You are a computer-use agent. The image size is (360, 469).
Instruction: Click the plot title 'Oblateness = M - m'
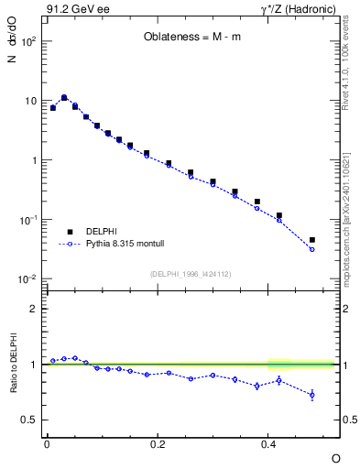coord(191,38)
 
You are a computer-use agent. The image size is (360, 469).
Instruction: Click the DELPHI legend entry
coord(102,232)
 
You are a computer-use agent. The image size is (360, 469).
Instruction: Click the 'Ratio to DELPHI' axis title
coord(13,365)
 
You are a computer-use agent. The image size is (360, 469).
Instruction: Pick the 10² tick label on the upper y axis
coord(27,41)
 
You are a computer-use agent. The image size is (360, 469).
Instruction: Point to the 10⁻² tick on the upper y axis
coord(27,279)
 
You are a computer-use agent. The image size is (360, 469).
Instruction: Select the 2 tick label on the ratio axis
coord(34,309)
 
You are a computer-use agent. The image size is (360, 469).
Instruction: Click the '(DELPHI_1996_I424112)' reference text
coord(190,272)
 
